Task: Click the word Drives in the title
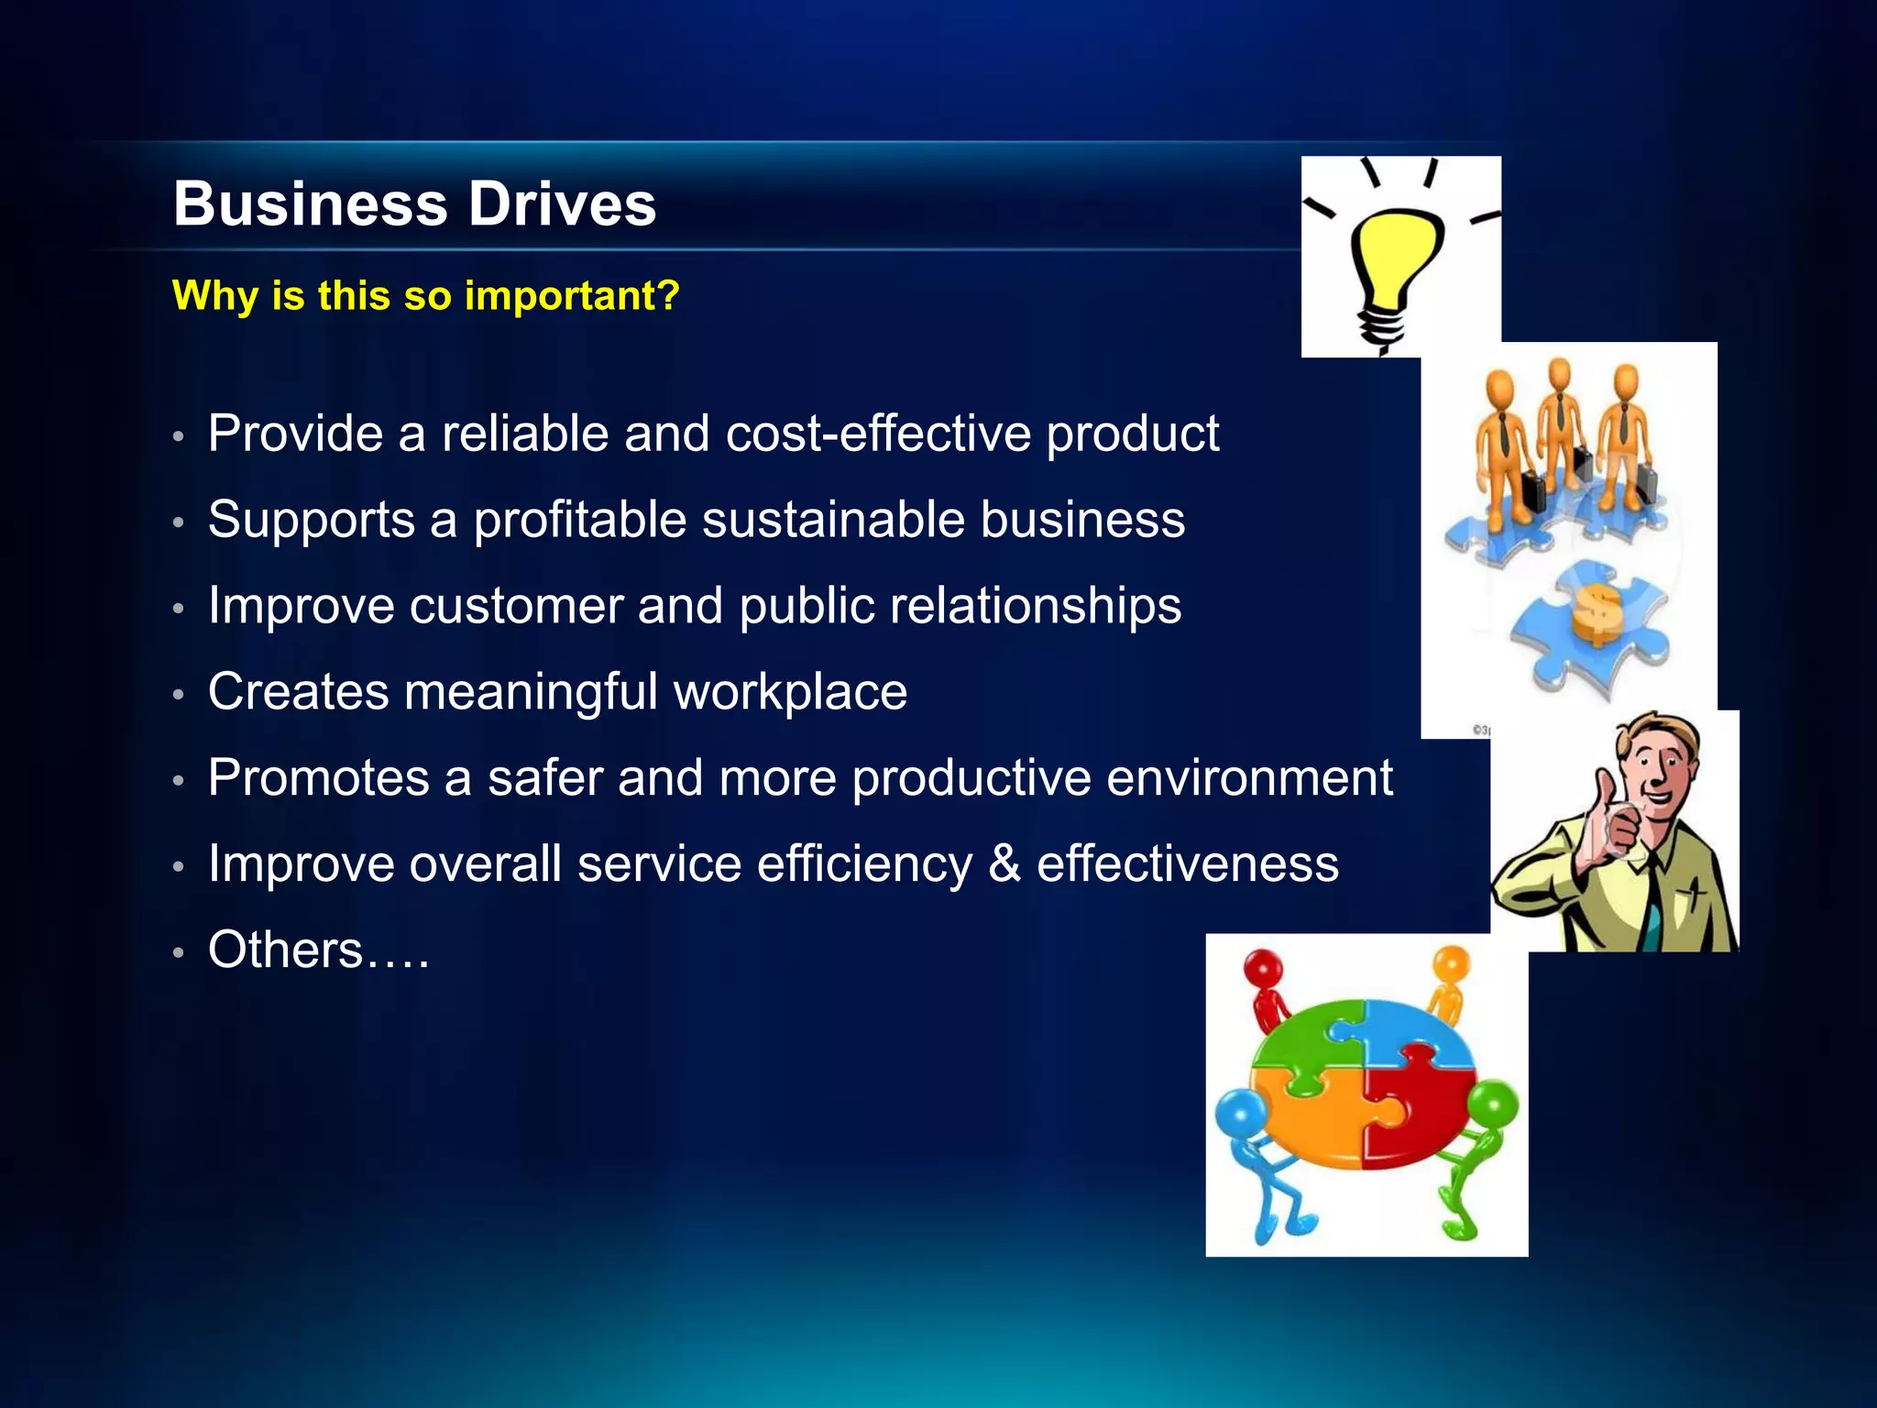pos(562,203)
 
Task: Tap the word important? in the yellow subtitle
pos(572,295)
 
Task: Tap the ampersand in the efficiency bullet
pos(1004,863)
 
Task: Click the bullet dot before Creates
pos(179,695)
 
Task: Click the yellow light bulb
pos(1396,257)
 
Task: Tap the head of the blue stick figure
pos(1243,1114)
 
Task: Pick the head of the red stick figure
pos(1265,968)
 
